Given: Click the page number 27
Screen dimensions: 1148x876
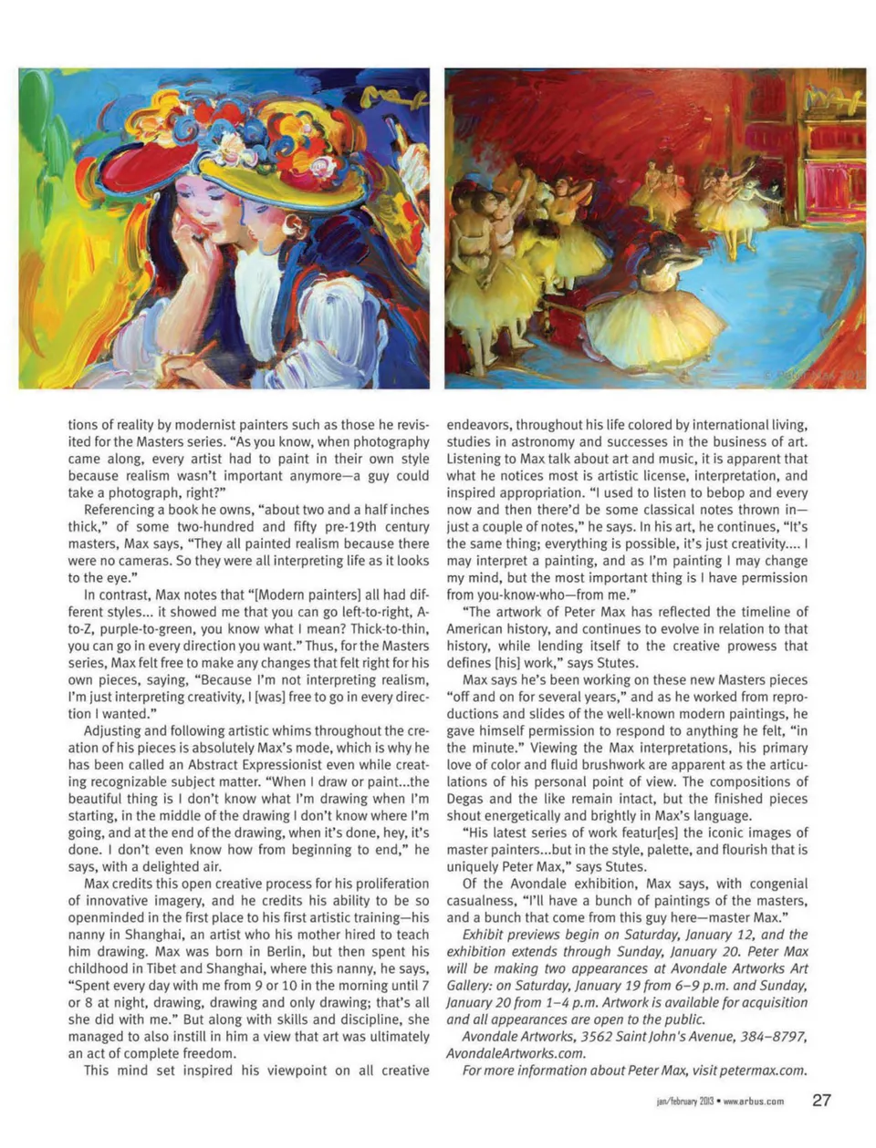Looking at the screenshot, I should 821,1100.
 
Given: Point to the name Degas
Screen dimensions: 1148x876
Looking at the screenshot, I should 467,799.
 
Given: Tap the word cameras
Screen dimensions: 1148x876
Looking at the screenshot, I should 135,561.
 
